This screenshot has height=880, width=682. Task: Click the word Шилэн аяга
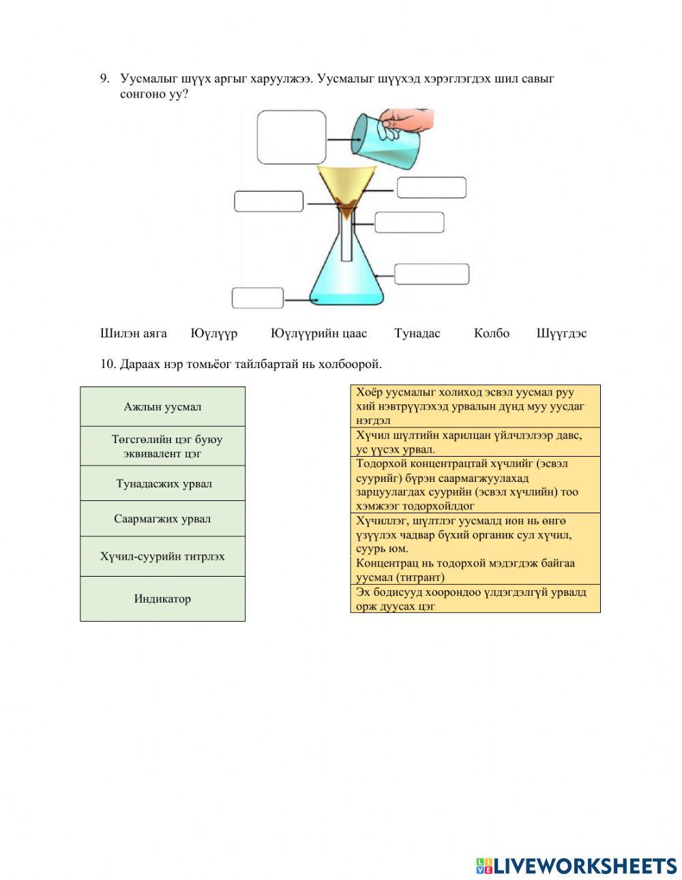point(133,333)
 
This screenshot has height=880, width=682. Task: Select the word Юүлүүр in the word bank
point(214,333)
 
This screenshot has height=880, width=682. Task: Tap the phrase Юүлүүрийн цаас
point(318,333)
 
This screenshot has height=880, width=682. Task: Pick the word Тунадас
point(417,333)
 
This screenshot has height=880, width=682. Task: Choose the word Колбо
point(491,333)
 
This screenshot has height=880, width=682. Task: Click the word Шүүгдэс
point(561,333)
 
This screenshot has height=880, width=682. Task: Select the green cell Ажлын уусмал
point(162,407)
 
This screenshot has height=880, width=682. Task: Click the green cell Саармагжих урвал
point(162,519)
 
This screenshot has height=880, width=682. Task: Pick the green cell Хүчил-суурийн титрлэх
point(162,556)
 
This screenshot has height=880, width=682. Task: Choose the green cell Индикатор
point(162,599)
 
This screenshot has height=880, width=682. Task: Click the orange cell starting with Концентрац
point(475,570)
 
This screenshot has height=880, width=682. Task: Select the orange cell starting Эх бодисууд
point(475,598)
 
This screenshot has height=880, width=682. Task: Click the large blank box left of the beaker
point(291,137)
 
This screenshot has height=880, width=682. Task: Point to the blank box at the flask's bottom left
point(258,298)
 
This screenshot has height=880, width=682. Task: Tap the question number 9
point(104,78)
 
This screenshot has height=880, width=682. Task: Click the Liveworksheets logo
point(576,866)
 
